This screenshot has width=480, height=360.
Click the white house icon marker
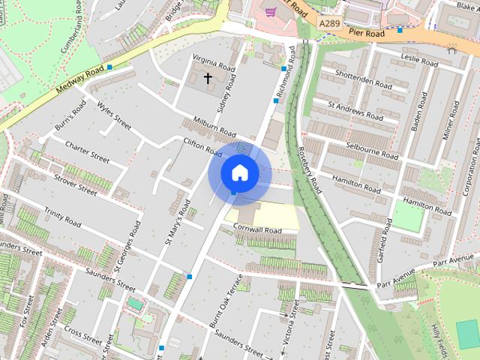tap(239, 173)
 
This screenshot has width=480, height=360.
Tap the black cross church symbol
tap(208, 77)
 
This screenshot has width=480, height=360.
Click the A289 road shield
tap(328, 24)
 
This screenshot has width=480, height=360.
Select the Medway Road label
tap(78, 82)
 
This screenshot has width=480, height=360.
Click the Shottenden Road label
tap(363, 80)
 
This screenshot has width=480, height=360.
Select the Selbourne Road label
tap(373, 149)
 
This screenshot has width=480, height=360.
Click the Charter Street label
tap(87, 150)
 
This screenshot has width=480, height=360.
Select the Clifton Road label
tap(202, 145)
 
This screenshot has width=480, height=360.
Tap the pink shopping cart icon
tap(269, 10)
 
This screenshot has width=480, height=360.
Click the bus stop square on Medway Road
tap(109, 67)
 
